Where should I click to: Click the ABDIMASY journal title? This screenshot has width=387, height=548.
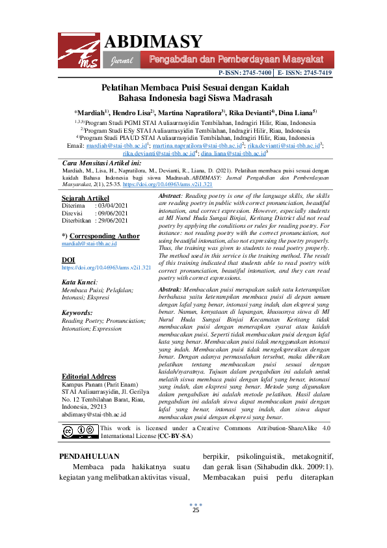(x=153, y=42)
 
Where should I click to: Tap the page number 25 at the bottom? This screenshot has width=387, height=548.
(x=195, y=510)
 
